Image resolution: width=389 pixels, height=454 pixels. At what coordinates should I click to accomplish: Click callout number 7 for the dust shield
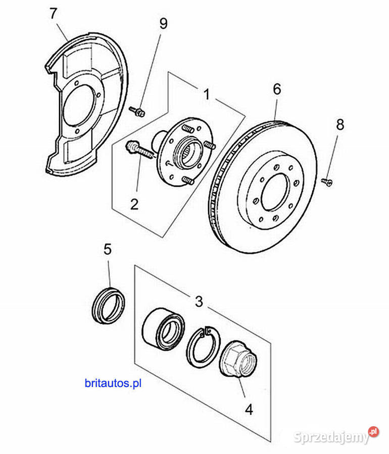[54, 14]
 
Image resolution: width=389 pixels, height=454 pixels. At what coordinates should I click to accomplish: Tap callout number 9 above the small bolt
[164, 24]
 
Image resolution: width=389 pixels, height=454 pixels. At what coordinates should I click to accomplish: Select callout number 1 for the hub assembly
[207, 94]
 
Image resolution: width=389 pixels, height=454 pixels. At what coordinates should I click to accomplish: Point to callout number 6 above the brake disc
[277, 89]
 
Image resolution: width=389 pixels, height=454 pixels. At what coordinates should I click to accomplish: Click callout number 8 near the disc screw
[340, 125]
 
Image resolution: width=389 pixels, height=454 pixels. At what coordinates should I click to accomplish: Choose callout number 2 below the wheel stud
[134, 204]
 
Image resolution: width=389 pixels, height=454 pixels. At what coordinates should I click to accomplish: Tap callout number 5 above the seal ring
[108, 249]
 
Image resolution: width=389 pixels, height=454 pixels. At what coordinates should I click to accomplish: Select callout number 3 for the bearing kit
[199, 302]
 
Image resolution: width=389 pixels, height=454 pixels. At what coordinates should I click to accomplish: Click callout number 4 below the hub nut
[249, 410]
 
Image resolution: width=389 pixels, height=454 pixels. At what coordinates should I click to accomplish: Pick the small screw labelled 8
[327, 182]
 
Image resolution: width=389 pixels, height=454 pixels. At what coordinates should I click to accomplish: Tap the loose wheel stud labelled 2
[139, 150]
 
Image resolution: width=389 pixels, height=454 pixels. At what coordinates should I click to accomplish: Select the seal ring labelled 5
[109, 305]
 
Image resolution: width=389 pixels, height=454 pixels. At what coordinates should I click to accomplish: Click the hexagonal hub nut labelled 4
[238, 359]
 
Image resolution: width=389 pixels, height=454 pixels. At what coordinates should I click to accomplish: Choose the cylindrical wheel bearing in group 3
[164, 327]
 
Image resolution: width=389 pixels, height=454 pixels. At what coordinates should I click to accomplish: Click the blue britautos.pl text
[113, 383]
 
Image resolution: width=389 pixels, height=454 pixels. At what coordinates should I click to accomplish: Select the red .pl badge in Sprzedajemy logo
[374, 432]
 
